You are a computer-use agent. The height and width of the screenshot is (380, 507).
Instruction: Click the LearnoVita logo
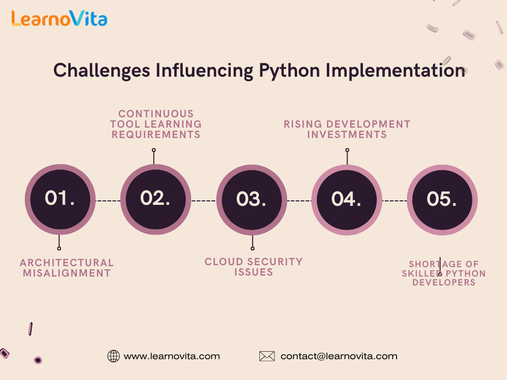(59, 18)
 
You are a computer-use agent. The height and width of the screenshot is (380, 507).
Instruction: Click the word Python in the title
(289, 71)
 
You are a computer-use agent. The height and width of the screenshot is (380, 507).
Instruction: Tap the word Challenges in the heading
(101, 71)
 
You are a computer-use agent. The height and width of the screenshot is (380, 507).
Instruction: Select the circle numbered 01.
(60, 199)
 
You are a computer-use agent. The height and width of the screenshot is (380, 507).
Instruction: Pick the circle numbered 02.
(155, 199)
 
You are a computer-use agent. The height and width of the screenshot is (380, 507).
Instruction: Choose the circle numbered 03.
(252, 200)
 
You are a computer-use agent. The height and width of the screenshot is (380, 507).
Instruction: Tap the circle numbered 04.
(347, 200)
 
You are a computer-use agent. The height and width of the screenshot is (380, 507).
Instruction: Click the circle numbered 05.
(442, 200)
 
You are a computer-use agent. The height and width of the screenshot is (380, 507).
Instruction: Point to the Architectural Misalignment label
(67, 268)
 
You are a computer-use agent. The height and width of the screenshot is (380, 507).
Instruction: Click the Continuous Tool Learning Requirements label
(156, 124)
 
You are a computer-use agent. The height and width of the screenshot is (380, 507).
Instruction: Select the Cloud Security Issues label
(254, 267)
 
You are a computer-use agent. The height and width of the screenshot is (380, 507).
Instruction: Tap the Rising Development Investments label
(347, 129)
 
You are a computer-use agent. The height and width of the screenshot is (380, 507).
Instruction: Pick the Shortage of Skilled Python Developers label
(444, 273)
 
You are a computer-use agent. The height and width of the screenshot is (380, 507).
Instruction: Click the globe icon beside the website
(113, 356)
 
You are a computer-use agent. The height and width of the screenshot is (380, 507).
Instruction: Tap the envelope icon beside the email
(267, 356)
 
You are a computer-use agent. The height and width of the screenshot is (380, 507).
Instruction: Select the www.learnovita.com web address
(172, 356)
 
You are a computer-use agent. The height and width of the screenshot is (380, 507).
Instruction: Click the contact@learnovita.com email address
(339, 356)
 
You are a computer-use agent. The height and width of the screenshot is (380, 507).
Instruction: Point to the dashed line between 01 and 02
(108, 201)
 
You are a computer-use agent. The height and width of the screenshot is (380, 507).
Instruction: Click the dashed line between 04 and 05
(395, 201)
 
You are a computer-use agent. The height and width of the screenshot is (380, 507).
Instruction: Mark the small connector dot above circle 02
(154, 150)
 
